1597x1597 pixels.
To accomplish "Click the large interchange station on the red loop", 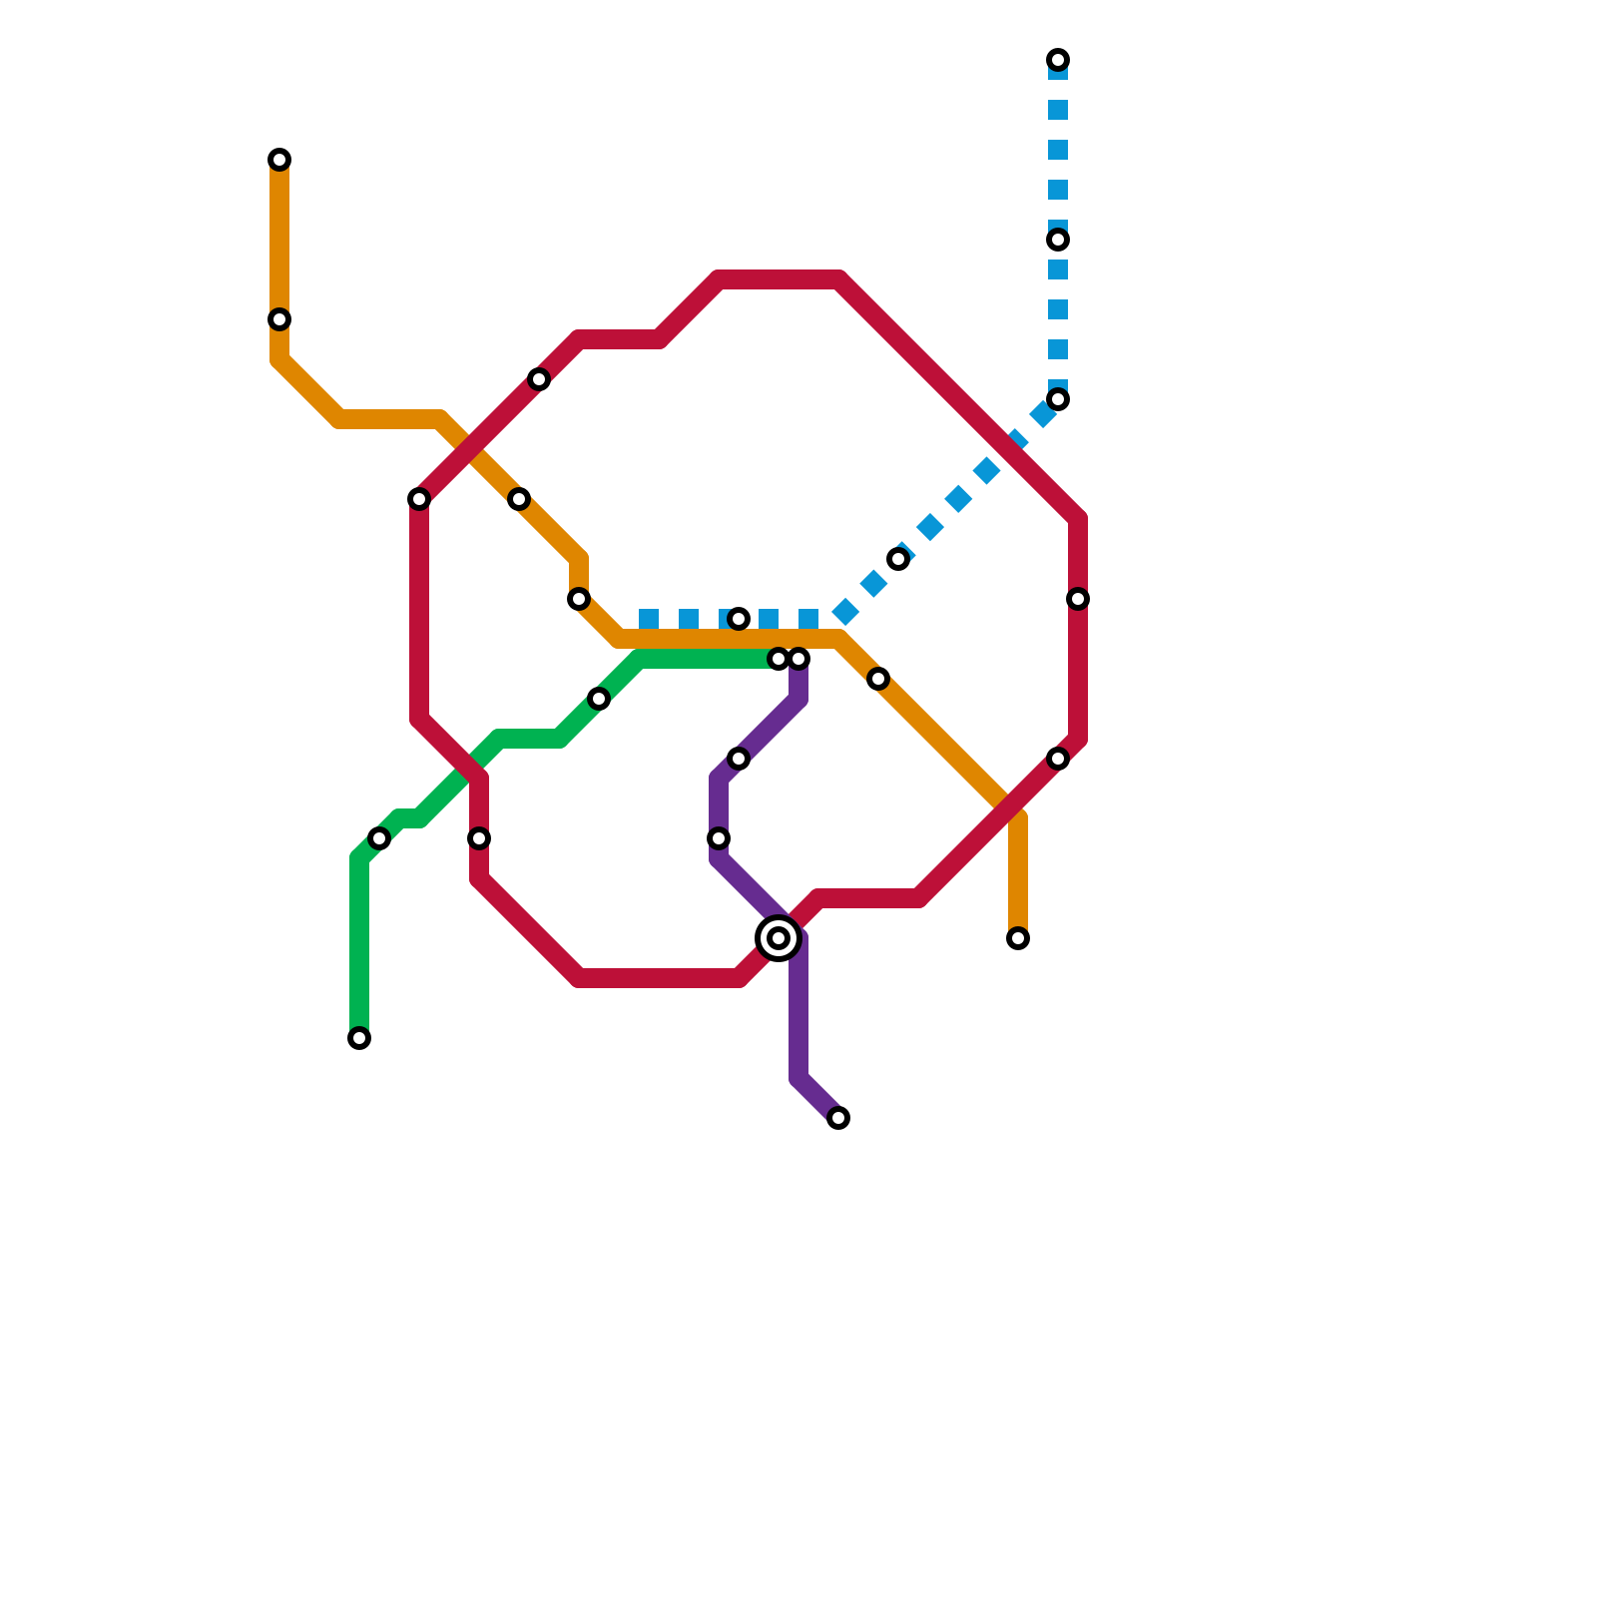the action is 779,938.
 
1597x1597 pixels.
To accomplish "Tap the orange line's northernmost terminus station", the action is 279,160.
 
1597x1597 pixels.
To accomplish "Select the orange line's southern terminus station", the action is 1018,938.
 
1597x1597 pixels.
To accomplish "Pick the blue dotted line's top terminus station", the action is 1058,60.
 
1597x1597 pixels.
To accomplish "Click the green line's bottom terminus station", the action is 359,1038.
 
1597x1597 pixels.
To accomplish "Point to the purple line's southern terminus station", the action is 838,1118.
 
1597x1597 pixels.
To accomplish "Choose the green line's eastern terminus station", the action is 779,659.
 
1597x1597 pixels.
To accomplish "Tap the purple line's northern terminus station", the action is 798,659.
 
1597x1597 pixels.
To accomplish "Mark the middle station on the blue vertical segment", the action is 1058,240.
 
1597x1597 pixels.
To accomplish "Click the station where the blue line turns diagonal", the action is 1058,399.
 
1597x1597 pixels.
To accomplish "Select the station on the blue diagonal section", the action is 898,559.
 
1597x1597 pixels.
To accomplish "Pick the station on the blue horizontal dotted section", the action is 739,619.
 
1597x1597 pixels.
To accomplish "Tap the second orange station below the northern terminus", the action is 279,319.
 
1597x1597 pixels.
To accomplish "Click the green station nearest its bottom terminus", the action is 379,838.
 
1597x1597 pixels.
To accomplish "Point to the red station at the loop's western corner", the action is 419,499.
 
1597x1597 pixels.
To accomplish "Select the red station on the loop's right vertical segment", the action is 1078,599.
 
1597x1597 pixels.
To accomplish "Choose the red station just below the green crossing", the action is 479,838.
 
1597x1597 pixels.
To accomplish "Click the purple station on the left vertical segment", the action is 719,838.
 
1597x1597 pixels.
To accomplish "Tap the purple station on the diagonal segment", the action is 739,759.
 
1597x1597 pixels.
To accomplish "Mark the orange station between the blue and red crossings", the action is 878,679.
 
